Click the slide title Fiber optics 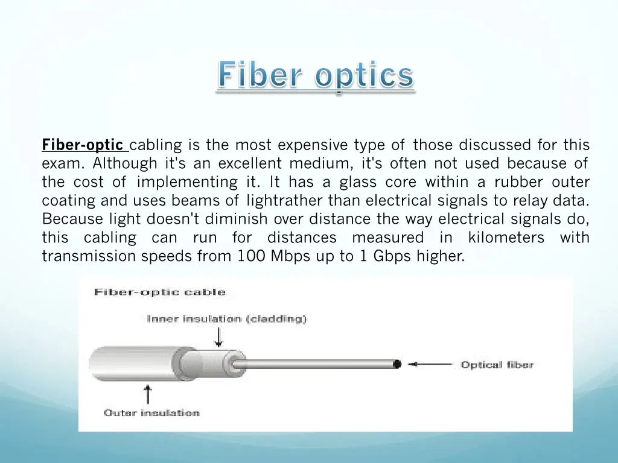click(316, 77)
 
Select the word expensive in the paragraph click(313, 145)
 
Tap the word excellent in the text click(249, 163)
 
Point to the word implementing click(187, 182)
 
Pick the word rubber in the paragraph click(513, 182)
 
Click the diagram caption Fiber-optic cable click(159, 292)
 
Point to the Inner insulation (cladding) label click(226, 319)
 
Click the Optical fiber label click(497, 365)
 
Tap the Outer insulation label click(151, 413)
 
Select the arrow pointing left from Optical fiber click(430, 364)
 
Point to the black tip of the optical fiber click(397, 364)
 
